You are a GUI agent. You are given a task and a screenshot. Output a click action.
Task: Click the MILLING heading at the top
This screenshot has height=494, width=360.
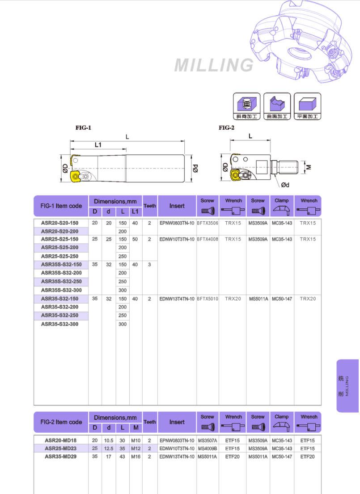pos(214,65)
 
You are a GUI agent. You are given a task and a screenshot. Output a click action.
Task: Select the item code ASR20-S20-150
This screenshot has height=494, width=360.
pos(59,223)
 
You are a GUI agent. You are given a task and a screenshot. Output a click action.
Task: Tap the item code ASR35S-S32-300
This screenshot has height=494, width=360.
pos(61,290)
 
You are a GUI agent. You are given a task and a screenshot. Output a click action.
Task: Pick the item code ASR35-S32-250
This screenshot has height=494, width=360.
pos(59,316)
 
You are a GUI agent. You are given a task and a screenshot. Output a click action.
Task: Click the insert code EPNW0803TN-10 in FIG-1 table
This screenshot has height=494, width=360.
pos(177,223)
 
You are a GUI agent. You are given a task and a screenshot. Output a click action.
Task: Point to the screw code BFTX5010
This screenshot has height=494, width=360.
pos(208,299)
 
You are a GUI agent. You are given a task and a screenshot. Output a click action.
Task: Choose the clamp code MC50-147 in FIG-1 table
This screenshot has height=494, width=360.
pos(282,299)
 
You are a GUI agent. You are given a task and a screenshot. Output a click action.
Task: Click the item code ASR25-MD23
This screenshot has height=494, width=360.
pos(60,448)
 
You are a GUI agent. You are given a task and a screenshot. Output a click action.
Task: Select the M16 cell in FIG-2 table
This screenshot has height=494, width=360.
pos(136,456)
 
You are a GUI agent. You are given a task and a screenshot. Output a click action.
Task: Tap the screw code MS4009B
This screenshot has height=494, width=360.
pos(208,448)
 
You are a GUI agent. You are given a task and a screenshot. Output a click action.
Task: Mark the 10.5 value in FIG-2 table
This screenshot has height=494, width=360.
pos(109,440)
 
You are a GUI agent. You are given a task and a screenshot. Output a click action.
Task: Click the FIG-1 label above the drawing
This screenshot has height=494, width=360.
pos(83,128)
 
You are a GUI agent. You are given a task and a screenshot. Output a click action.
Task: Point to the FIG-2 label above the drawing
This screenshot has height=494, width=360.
pos(226,128)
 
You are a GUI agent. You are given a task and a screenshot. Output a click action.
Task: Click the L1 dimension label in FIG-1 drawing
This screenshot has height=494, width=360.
pos(98,145)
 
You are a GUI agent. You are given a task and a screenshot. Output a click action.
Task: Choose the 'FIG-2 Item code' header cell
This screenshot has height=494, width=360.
pos(61,422)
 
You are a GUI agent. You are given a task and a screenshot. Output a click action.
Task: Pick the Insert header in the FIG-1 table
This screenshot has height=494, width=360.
pos(177,206)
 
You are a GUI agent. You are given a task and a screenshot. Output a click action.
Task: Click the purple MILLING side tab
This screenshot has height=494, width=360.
pos(348,386)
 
